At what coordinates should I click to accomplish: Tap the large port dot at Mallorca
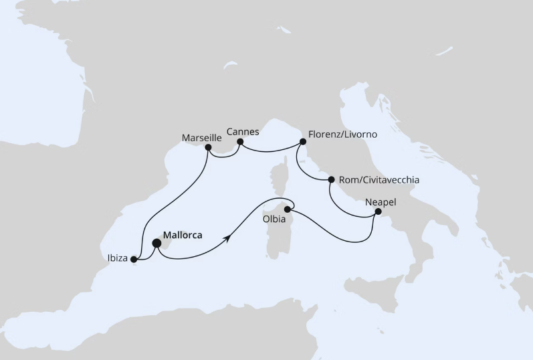[156, 244]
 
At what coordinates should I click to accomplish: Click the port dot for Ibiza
[134, 259]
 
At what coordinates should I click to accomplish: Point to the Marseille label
[202, 137]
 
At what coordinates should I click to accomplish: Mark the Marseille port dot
[208, 147]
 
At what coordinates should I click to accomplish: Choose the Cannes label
[243, 132]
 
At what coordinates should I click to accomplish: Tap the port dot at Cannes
[238, 142]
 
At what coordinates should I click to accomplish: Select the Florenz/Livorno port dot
[303, 142]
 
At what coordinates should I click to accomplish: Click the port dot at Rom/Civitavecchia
[330, 179]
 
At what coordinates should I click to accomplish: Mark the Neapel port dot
[379, 212]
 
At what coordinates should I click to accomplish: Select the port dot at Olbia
[287, 209]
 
